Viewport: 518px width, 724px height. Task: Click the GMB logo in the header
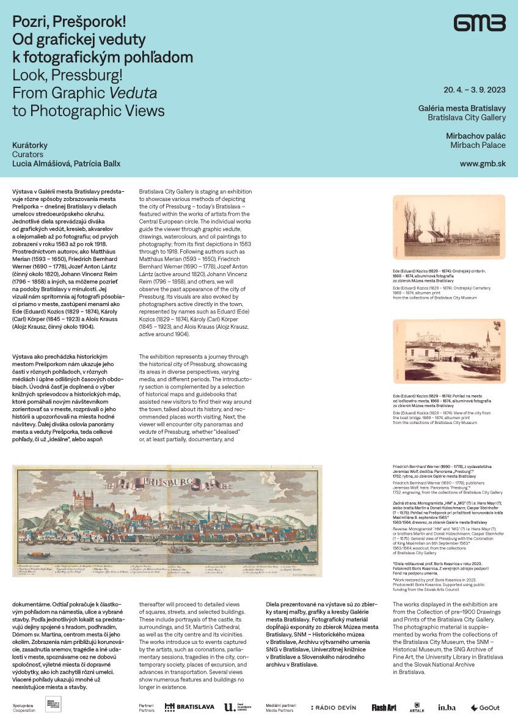click(x=480, y=24)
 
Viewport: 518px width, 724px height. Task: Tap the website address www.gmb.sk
click(x=483, y=164)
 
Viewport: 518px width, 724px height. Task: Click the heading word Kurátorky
click(x=30, y=145)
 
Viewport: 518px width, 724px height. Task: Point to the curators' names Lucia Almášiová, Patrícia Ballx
click(x=67, y=164)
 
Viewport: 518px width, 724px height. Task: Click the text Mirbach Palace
click(x=478, y=145)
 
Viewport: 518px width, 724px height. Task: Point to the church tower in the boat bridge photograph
click(x=487, y=341)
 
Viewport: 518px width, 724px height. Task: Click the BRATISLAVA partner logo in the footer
click(x=190, y=707)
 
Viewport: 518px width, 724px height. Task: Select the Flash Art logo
click(x=384, y=708)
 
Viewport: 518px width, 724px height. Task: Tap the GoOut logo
click(x=485, y=708)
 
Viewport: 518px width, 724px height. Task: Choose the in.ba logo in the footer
click(x=447, y=708)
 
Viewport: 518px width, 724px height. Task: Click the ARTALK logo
click(x=417, y=708)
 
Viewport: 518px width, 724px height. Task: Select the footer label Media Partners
click(x=279, y=711)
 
